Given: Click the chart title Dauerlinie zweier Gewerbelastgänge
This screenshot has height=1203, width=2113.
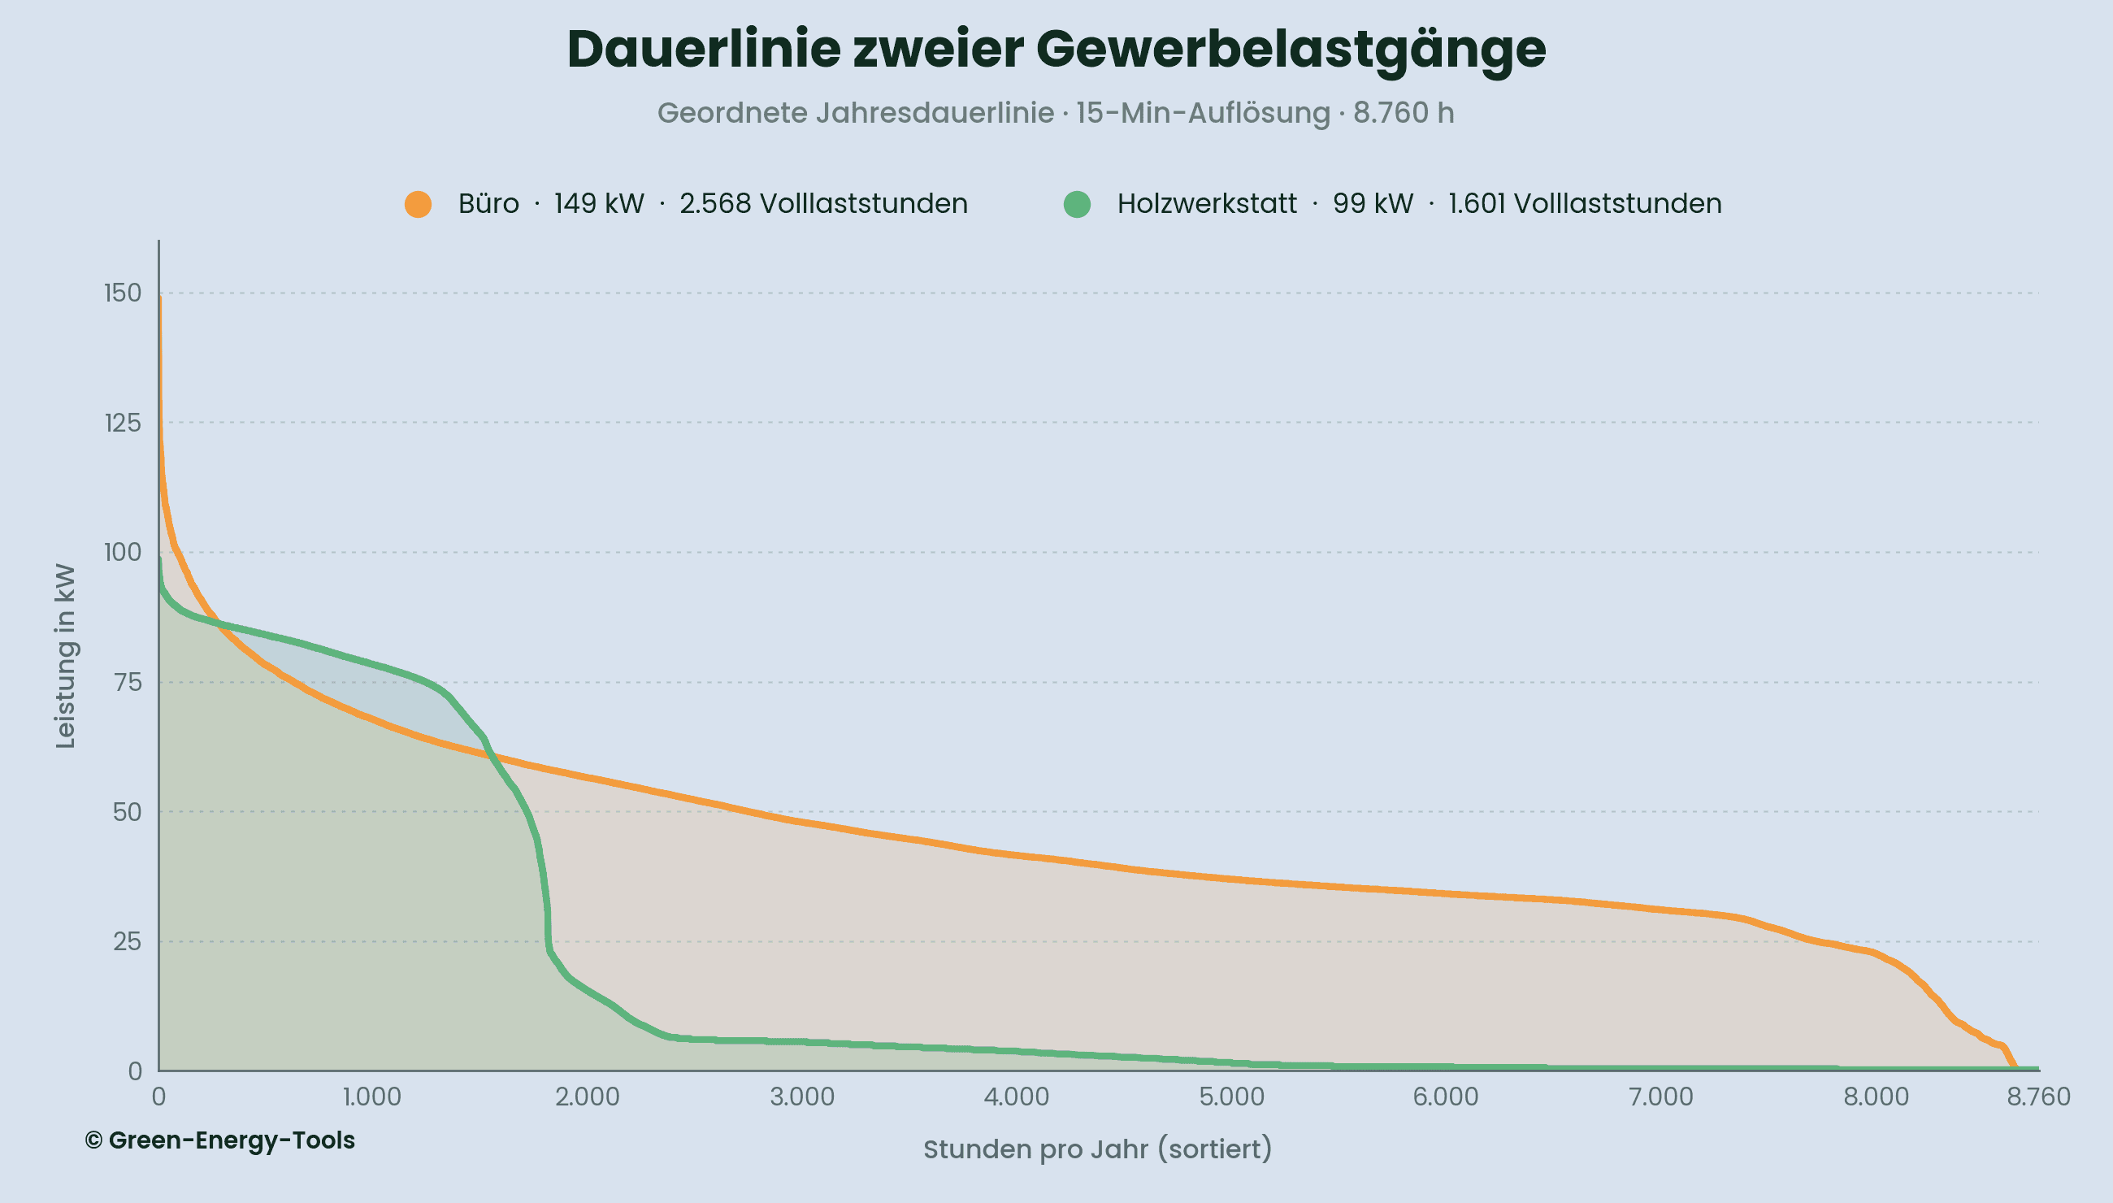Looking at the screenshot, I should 1056,50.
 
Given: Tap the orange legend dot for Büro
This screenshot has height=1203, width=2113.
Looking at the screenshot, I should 418,204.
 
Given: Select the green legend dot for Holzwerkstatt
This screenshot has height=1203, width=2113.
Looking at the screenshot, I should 1077,204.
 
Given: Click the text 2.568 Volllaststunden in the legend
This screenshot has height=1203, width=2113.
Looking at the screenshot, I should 822,204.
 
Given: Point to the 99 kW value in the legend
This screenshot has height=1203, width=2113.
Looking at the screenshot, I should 1372,204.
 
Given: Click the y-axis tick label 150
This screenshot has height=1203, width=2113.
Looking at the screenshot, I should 122,293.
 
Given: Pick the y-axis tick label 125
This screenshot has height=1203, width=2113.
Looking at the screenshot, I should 122,423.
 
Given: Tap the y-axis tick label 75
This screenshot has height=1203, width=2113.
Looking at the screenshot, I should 128,683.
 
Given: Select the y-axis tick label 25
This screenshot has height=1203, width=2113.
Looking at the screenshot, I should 128,942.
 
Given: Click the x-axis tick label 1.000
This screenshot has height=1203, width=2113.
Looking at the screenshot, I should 371,1097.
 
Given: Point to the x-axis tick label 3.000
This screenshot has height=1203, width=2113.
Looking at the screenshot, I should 802,1097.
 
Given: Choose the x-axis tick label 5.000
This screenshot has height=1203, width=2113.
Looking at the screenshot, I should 1231,1097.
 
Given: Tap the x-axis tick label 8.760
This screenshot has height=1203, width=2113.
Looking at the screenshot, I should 2039,1097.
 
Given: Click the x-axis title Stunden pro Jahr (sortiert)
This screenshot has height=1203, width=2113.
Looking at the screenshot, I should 1097,1149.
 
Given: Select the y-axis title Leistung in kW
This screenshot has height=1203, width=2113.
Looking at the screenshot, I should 65,657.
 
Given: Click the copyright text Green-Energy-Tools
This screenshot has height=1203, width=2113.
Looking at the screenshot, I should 219,1140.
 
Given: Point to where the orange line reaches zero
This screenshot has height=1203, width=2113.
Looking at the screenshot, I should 2015,1069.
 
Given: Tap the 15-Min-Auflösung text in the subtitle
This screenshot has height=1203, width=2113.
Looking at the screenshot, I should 1203,113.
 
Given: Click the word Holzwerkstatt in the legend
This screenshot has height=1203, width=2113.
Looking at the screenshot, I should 1207,204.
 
